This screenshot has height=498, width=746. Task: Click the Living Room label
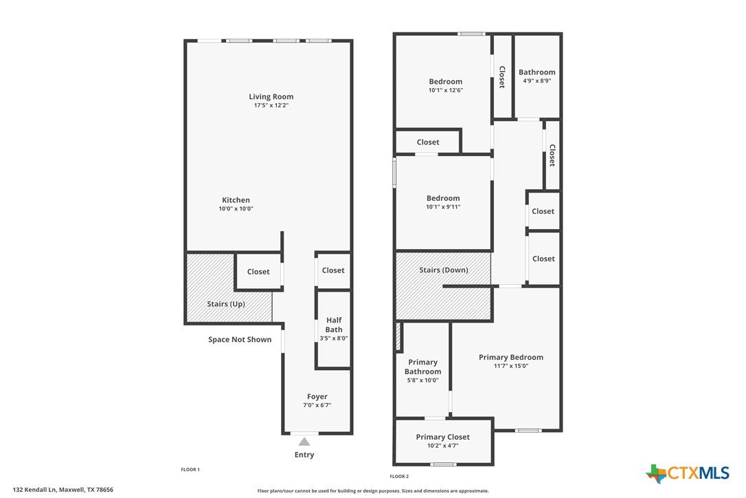click(x=271, y=97)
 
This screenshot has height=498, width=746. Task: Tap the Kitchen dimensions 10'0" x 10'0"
click(x=236, y=208)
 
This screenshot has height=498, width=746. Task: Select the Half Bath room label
click(x=334, y=325)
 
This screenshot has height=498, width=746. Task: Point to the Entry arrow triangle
click(x=304, y=442)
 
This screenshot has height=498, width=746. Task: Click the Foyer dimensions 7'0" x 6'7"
click(x=317, y=405)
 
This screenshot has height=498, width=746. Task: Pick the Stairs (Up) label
click(x=226, y=304)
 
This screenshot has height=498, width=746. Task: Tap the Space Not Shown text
click(x=240, y=339)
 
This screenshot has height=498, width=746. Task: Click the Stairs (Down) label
click(x=444, y=270)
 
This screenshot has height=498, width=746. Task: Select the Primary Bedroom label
click(x=511, y=358)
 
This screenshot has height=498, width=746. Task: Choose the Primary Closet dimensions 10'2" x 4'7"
click(x=443, y=446)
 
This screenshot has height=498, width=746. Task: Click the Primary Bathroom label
click(x=423, y=367)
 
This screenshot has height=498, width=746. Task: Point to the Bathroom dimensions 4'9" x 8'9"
click(x=537, y=81)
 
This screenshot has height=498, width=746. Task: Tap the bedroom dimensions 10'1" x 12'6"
click(x=446, y=90)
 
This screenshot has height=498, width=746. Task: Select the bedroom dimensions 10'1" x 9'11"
click(x=444, y=207)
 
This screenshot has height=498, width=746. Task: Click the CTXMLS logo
click(x=688, y=473)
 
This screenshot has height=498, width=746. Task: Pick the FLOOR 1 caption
click(x=190, y=469)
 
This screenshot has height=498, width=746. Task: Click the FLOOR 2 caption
click(x=399, y=476)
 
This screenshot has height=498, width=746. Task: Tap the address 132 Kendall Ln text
click(x=35, y=490)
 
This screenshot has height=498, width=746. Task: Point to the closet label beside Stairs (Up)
click(x=258, y=272)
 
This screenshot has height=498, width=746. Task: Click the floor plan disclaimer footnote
click(x=373, y=491)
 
